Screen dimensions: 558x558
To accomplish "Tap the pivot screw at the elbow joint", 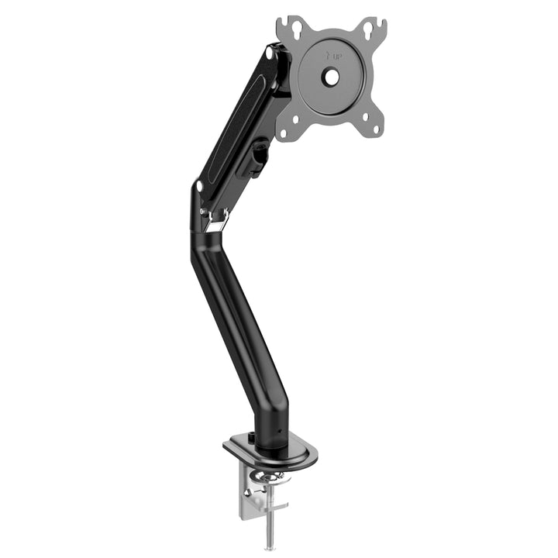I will tap(200, 186).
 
